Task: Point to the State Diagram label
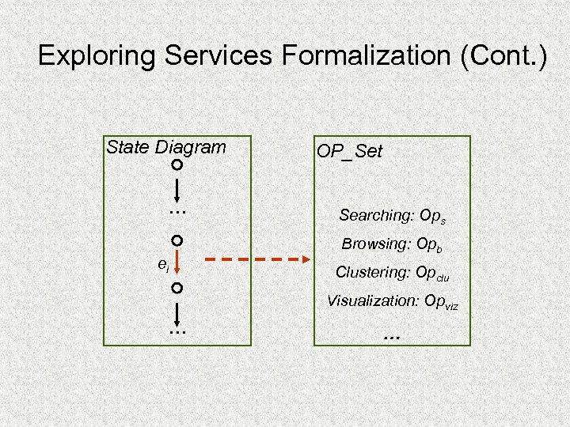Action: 165,147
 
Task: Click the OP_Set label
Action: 349,151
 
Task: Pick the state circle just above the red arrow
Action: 177,240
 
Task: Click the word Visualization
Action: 374,300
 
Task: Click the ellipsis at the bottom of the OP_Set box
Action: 391,335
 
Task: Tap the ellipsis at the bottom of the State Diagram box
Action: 177,332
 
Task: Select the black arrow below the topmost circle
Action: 177,190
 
